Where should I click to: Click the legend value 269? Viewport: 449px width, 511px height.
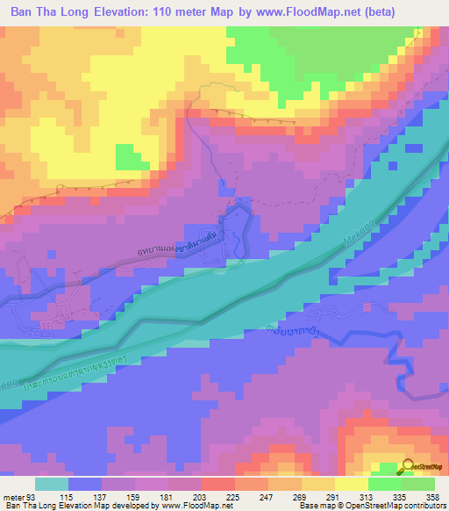coord(300,496)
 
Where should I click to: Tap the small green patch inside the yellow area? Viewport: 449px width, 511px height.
coord(132,158)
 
